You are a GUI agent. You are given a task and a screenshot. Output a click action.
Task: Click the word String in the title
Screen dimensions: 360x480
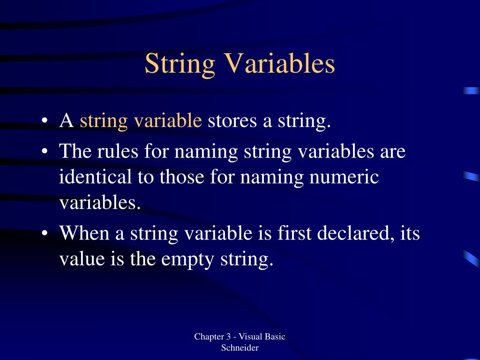click(x=180, y=64)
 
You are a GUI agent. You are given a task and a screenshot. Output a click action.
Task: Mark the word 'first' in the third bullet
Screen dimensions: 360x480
click(x=294, y=233)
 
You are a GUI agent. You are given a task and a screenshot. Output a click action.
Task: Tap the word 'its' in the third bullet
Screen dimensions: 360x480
click(x=410, y=233)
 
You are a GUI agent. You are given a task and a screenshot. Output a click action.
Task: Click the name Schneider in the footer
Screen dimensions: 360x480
click(x=240, y=348)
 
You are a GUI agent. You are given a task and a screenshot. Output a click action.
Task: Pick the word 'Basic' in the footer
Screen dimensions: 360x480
click(x=275, y=337)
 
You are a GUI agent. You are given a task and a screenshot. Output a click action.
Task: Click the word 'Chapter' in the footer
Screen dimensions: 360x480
click(x=209, y=337)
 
